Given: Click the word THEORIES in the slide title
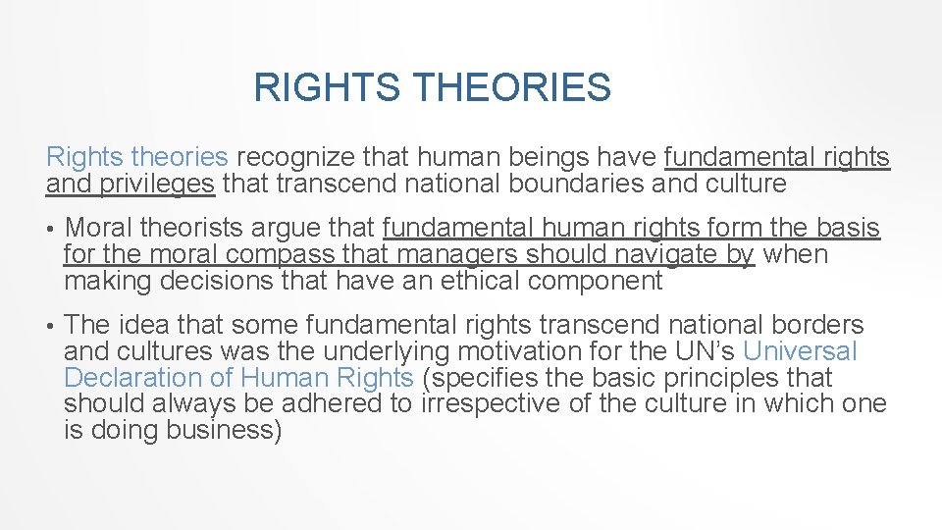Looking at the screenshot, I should pos(511,87).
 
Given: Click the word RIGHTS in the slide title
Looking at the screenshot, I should pos(326,87).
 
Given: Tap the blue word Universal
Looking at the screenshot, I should pos(801,352).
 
